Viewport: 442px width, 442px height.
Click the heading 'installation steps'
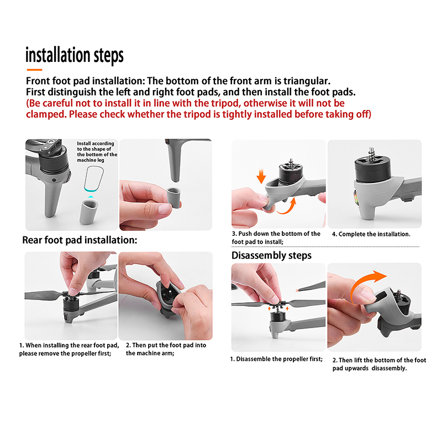point(75,55)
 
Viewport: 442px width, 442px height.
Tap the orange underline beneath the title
point(34,70)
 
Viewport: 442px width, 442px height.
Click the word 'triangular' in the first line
point(307,81)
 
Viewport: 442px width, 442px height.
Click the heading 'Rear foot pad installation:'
point(80,240)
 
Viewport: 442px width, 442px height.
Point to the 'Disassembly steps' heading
point(271,255)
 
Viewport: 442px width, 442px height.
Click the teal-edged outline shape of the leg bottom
point(94,178)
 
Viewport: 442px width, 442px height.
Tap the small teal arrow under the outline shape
point(91,197)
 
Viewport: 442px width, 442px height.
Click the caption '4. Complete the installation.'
point(371,234)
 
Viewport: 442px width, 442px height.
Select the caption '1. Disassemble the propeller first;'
point(276,359)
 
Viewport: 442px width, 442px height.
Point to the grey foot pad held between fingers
point(173,198)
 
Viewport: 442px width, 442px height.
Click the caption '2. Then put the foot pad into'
point(166,345)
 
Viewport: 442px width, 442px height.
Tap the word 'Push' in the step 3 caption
point(245,234)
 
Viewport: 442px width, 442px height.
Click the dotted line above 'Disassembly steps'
point(325,246)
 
